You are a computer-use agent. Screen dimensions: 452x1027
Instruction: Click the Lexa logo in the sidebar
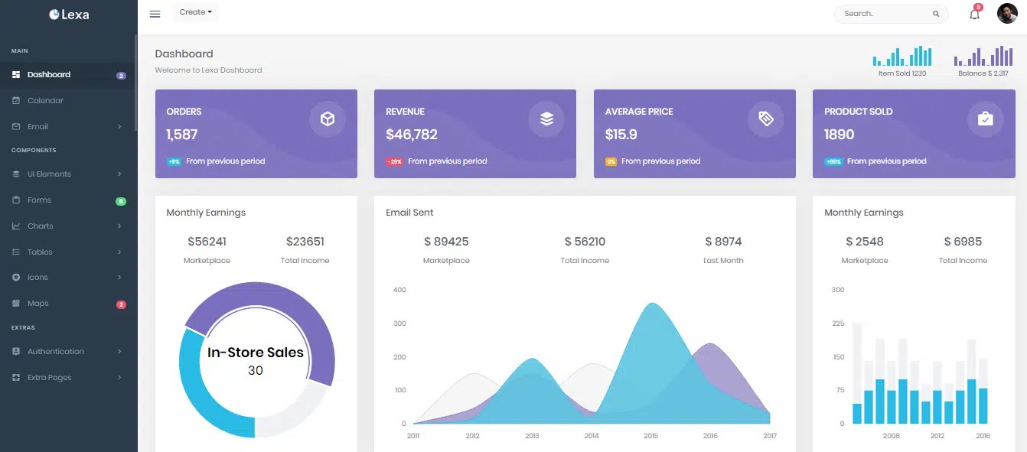tap(69, 14)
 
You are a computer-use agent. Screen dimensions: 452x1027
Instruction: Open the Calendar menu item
tap(45, 100)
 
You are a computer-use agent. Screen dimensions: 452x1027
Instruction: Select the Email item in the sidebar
tap(37, 126)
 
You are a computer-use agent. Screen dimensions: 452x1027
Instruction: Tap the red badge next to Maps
tap(121, 304)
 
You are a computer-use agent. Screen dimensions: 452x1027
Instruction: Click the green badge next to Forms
tap(121, 201)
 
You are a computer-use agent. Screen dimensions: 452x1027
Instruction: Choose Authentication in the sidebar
tap(55, 351)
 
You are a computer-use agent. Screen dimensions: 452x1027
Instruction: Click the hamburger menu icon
tap(155, 14)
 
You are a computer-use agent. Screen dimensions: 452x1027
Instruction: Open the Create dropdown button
tap(195, 12)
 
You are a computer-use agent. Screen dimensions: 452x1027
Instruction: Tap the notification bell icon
tap(974, 14)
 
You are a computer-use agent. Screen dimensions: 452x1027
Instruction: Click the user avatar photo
tap(1007, 14)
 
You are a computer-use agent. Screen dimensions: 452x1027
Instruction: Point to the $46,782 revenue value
tap(412, 135)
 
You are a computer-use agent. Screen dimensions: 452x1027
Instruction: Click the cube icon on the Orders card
tap(328, 119)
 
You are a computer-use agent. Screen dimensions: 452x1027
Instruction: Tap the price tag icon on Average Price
tap(766, 119)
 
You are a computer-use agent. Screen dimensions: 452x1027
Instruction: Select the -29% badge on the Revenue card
tap(394, 161)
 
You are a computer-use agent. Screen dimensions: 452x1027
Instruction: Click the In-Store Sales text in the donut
tap(256, 353)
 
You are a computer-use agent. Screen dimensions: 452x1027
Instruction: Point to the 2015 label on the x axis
tap(650, 436)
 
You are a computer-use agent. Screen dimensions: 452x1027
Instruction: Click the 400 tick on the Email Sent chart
tap(399, 290)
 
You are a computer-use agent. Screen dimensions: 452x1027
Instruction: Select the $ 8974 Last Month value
tap(723, 242)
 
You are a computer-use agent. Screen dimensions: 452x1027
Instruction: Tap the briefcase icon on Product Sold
tap(985, 119)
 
